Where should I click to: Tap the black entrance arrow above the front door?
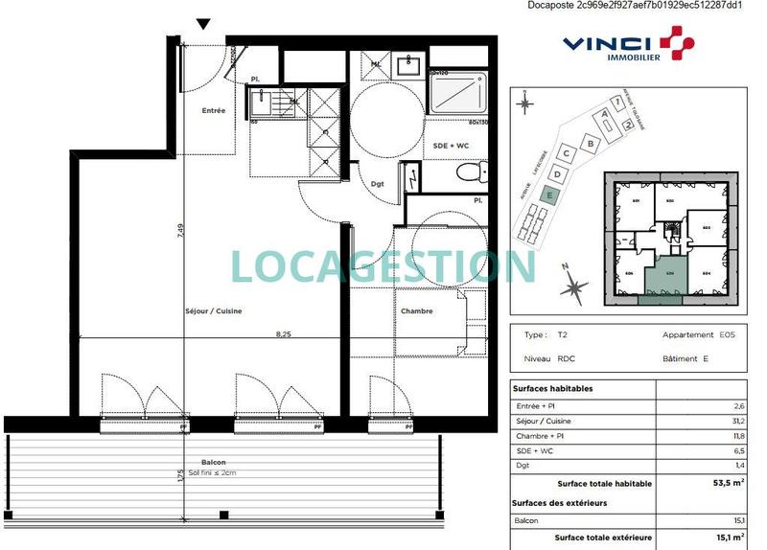pos(202,24)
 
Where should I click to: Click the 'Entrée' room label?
pos(213,111)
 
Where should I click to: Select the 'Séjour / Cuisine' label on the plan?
pos(213,311)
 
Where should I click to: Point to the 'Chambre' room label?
pos(416,311)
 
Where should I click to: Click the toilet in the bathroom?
pos(469,172)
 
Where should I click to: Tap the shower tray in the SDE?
pos(458,94)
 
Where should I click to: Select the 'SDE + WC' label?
pos(450,146)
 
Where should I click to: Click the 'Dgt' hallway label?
pos(377,185)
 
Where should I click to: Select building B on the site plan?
pos(591,143)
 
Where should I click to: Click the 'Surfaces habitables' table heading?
pos(555,389)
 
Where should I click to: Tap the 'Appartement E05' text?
pos(689,335)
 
